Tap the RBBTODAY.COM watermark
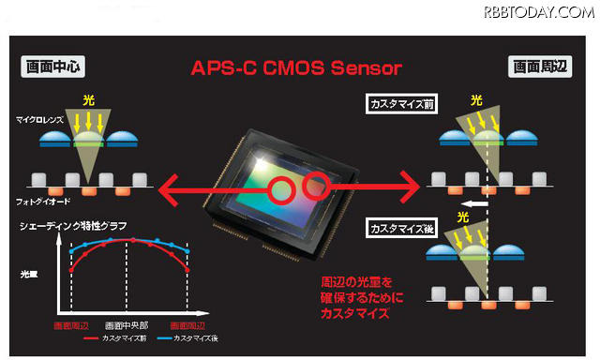pyautogui.click(x=538, y=12)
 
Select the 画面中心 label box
pyautogui.click(x=52, y=67)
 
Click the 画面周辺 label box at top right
pyautogui.click(x=539, y=67)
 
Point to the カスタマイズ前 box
pyautogui.click(x=401, y=105)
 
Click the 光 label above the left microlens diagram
pyautogui.click(x=88, y=98)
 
